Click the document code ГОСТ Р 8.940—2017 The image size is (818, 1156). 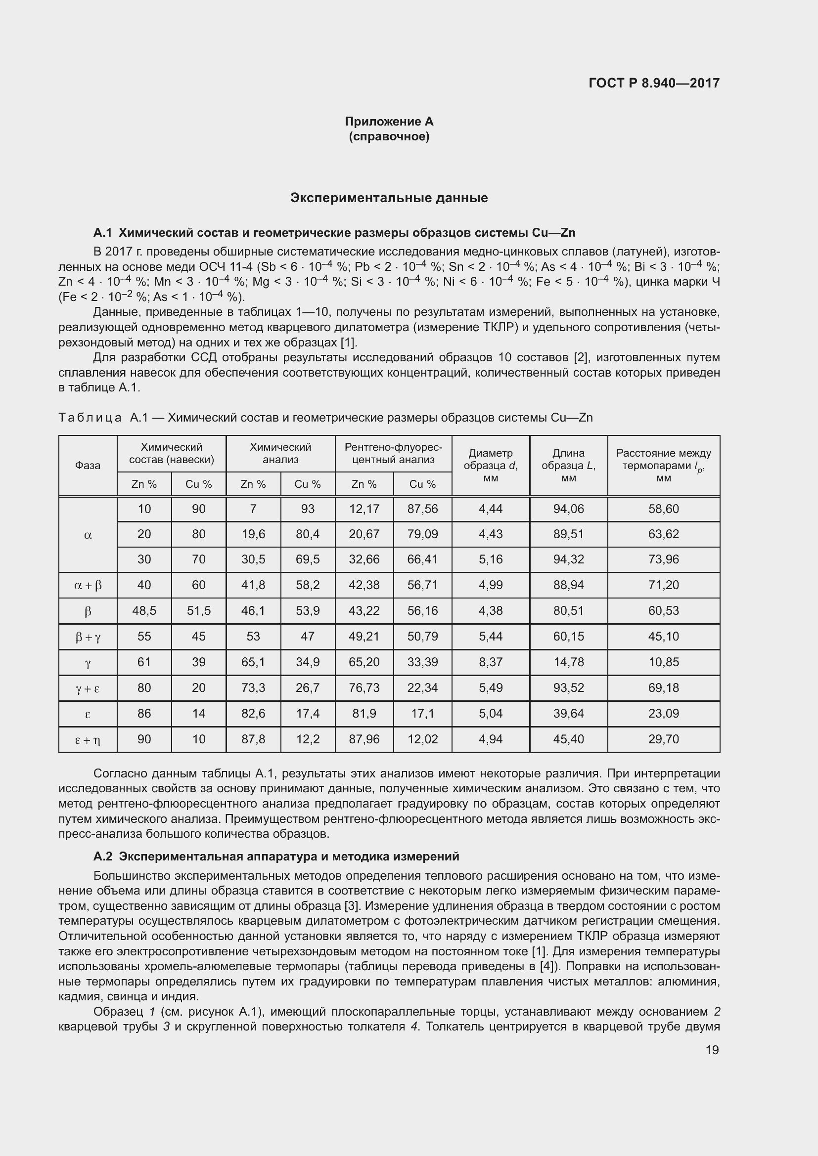point(654,83)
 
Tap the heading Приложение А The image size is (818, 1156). point(389,122)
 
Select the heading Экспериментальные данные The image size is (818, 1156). point(389,198)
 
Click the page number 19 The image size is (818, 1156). point(712,1050)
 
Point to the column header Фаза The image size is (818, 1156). point(88,466)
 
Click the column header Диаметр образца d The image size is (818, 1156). point(491,466)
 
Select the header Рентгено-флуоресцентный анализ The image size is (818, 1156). point(393,453)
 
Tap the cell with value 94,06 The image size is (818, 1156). point(568,509)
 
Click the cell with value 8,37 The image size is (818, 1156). point(491,662)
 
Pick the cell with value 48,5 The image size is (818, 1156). point(144,611)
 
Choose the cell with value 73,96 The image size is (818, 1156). point(663,559)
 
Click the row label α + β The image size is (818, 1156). point(88,585)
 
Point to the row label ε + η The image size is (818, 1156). point(88,740)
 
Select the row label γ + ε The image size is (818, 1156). point(88,688)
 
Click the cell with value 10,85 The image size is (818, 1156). point(663,662)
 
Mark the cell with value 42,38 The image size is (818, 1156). point(364,585)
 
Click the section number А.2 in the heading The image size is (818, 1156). point(103,856)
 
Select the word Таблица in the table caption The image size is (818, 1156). point(90,418)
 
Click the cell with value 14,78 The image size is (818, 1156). point(568,662)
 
